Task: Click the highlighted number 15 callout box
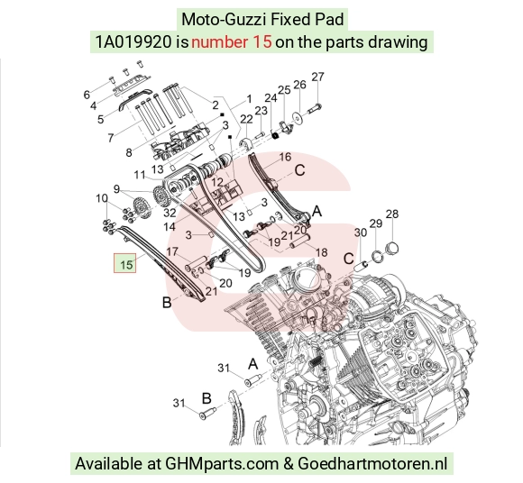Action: click(125, 263)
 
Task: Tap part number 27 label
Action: click(317, 77)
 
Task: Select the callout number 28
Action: click(392, 214)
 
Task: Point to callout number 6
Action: click(87, 95)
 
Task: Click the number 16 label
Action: click(285, 157)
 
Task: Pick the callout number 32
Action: click(170, 212)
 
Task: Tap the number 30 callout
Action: click(361, 232)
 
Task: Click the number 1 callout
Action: click(249, 99)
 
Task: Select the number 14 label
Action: click(170, 227)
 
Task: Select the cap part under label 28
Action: click(392, 248)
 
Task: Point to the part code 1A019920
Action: click(133, 42)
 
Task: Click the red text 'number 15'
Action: click(232, 42)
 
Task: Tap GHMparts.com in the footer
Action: click(222, 464)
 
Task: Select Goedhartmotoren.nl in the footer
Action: click(372, 463)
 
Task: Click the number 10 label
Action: click(101, 198)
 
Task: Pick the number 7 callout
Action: click(111, 137)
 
